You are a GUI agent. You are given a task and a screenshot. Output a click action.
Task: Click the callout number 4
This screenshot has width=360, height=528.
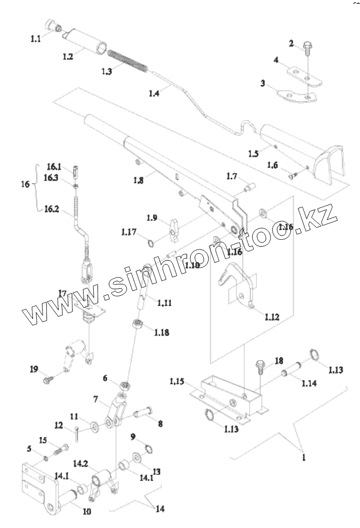tap(276, 61)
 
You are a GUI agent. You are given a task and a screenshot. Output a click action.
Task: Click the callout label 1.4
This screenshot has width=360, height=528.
tap(154, 93)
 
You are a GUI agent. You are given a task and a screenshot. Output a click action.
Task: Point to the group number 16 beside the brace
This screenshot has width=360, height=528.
tap(25, 184)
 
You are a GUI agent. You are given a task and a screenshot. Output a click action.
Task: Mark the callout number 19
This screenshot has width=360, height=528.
tap(34, 369)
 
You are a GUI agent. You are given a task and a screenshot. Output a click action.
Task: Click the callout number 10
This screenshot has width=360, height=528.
tap(86, 511)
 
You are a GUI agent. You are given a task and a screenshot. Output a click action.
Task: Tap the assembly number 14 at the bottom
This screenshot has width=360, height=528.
tap(160, 508)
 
